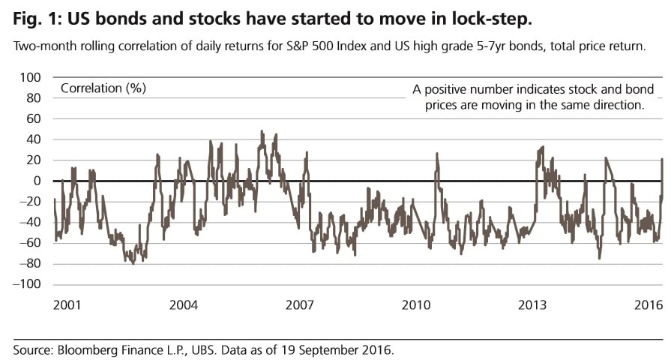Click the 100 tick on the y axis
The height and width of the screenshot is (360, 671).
click(x=29, y=77)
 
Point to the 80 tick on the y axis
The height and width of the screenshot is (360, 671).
click(x=32, y=97)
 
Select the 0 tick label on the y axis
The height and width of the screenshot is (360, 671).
click(x=37, y=181)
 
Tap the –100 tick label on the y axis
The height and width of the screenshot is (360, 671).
click(x=27, y=285)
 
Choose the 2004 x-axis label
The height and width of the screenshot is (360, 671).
click(x=182, y=305)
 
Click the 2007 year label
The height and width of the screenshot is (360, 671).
click(x=299, y=305)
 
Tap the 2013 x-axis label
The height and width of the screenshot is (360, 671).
click(x=532, y=305)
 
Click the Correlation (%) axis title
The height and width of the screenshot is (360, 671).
click(x=103, y=88)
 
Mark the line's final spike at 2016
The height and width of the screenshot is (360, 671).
click(x=662, y=159)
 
